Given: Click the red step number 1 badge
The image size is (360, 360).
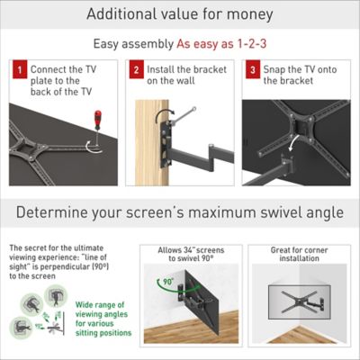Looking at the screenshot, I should [18, 69].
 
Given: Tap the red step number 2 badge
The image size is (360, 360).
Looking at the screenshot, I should [136, 69].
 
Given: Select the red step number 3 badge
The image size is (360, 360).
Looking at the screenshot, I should [253, 69].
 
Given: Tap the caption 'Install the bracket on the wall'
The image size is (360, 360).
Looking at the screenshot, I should [180, 75].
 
